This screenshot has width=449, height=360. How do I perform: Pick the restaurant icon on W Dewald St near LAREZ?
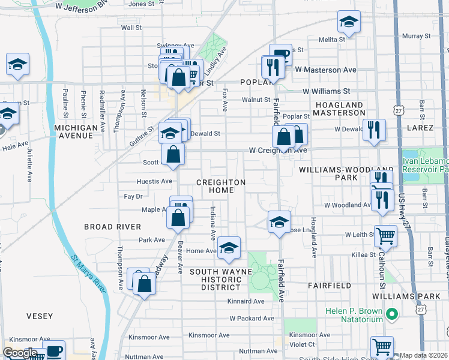click(x=374, y=131)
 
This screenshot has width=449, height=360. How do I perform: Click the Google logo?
click(x=20, y=352)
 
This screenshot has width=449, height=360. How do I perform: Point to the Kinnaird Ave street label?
click(x=246, y=301)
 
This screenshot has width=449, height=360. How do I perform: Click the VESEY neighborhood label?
click(x=40, y=316)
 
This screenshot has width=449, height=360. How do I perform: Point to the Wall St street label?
click(x=131, y=28)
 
